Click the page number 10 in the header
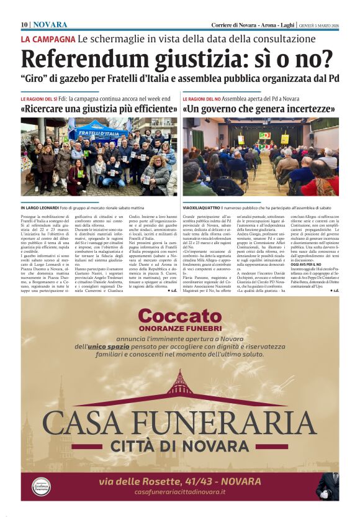pyautogui.click(x=24, y=24)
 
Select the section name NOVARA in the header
pyautogui.click(x=50, y=24)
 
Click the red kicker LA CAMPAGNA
pyautogui.click(x=48, y=39)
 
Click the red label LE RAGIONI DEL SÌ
pyautogui.click(x=38, y=98)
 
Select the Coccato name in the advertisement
pyautogui.click(x=179, y=316)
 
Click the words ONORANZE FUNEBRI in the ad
pyautogui.click(x=179, y=327)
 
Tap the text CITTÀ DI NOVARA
pyautogui.click(x=179, y=445)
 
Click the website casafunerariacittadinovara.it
pyautogui.click(x=180, y=492)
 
